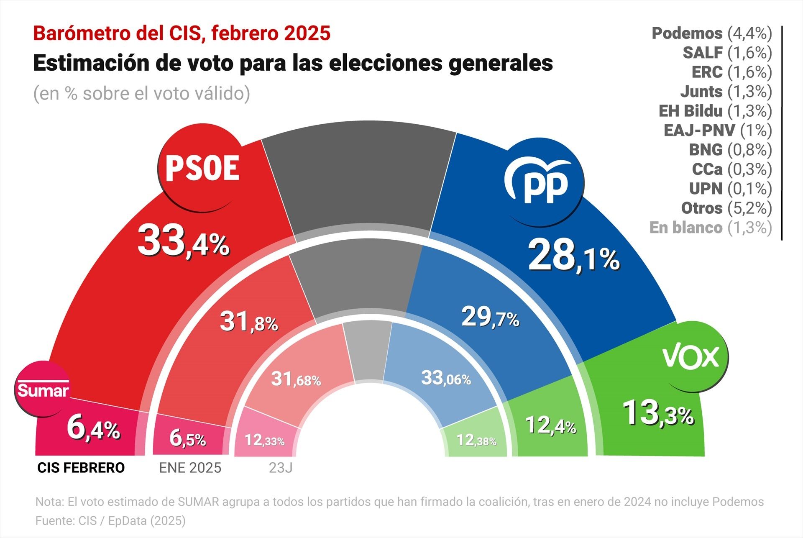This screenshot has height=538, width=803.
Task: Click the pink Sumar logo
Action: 43,389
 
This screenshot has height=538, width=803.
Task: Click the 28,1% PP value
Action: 573,256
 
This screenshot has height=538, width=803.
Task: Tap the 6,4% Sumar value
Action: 93,428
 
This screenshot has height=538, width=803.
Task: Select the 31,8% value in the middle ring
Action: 248,322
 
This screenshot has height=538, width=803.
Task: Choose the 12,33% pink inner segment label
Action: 264,440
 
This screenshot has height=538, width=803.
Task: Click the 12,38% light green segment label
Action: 476,440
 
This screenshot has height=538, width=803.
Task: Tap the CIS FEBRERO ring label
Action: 81,468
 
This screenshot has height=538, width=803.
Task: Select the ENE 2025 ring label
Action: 190,468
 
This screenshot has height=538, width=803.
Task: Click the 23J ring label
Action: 281,468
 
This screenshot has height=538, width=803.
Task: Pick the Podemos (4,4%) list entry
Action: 711,33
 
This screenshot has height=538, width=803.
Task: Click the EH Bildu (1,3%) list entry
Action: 715,111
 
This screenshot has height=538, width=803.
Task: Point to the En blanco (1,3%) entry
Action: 710,228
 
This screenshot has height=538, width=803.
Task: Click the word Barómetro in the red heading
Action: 81,33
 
